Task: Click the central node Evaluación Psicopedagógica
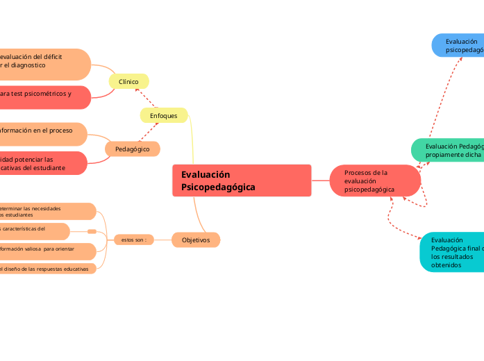pos(241,180)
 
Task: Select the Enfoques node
pos(164,115)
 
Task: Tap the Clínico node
pos(128,82)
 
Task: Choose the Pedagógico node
pos(132,149)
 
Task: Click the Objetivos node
pos(196,240)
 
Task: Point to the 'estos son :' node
pos(134,240)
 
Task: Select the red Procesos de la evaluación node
pos(375,180)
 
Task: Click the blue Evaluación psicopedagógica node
pos(458,46)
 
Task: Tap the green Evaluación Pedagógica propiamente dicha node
pos(448,150)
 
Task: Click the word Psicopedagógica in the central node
pos(218,187)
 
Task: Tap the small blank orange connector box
pos(92,231)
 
